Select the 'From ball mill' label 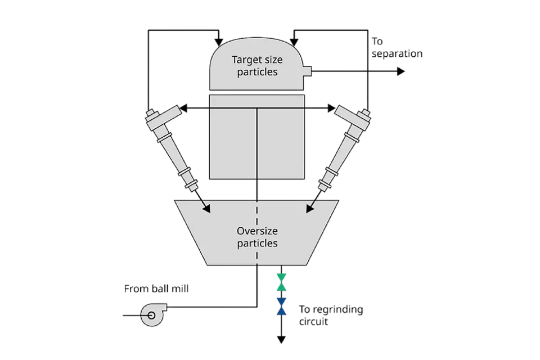pos(157,289)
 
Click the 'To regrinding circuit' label pos(331,316)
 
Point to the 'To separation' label pos(397,48)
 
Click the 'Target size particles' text pos(257,65)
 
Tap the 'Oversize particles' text pos(257,237)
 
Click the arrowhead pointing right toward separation pos(400,71)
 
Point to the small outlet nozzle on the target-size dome pos(307,71)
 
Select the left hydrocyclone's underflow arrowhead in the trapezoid pos(206,209)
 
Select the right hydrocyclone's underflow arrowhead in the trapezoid pos(309,209)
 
